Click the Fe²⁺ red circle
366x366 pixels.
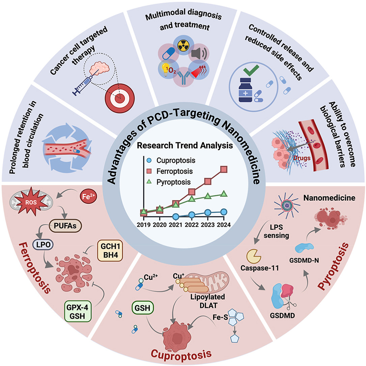pos(88,197)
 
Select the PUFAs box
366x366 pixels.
pos(65,226)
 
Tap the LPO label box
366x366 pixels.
pos(44,245)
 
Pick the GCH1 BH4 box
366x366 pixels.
pos(110,250)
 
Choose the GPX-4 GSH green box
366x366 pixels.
pos(77,311)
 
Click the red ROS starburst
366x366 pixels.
pos(31,201)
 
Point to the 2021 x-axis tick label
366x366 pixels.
pos(175,225)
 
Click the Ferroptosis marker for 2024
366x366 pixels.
pos(224,169)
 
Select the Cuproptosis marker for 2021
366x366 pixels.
pos(176,217)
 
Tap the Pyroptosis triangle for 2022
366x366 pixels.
pos(192,199)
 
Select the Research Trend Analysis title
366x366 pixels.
pos(185,145)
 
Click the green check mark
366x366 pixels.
pos(251,70)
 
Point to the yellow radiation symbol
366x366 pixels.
pos(183,46)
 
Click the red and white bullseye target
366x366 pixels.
pos(120,98)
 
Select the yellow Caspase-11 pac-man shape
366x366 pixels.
pos(254,256)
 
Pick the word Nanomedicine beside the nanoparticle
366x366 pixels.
pos(329,198)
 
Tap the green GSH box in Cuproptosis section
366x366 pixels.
pos(143,308)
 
